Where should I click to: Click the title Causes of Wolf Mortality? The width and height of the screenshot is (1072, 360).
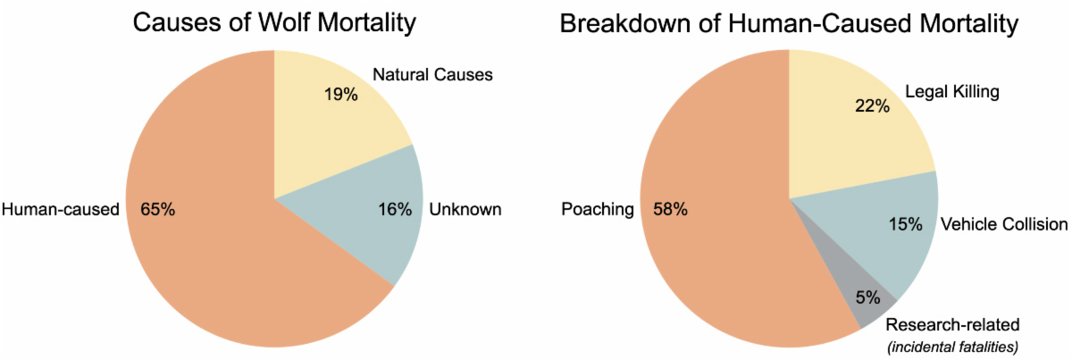click(x=274, y=23)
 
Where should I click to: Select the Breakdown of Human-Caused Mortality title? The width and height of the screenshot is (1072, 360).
click(x=789, y=23)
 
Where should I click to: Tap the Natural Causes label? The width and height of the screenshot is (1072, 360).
click(x=431, y=74)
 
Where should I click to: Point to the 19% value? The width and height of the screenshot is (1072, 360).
click(x=340, y=94)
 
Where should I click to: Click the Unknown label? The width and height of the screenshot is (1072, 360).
click(x=465, y=210)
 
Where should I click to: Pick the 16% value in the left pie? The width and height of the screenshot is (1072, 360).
click(x=394, y=210)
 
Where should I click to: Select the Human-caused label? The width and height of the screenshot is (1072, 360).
click(x=61, y=210)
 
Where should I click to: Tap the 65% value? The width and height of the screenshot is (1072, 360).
click(x=158, y=210)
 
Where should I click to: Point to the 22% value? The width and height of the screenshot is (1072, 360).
click(x=872, y=106)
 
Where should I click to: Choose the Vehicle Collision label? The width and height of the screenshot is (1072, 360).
click(x=1003, y=223)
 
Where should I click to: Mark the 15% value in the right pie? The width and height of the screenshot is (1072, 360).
click(x=904, y=223)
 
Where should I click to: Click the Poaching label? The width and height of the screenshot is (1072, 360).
click(x=598, y=210)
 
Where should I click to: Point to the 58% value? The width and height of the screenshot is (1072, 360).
click(x=670, y=210)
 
